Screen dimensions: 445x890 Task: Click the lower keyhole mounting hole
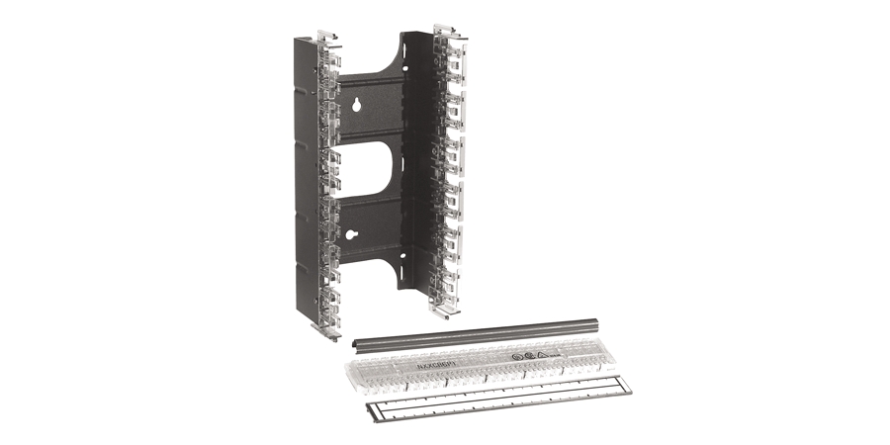[x=353, y=236]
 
